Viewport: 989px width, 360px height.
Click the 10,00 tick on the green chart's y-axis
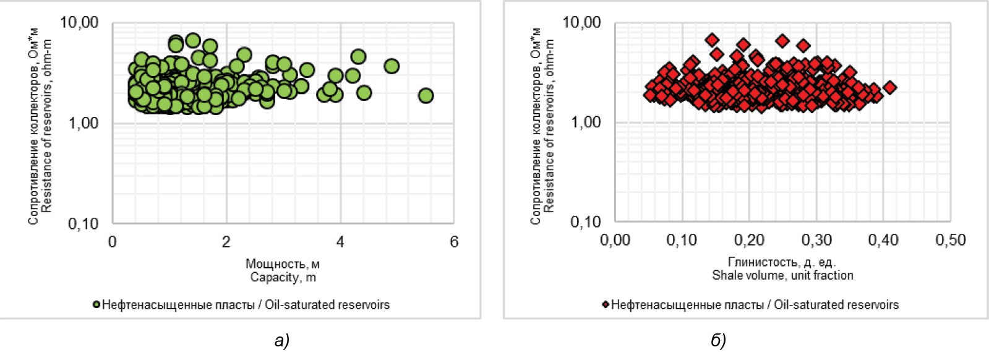[x=79, y=23]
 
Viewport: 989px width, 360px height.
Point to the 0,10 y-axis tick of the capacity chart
[x=83, y=223]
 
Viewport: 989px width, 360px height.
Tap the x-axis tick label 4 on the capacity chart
[x=340, y=242]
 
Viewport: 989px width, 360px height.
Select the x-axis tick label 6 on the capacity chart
[x=454, y=242]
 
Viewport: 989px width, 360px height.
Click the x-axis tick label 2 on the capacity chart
[x=226, y=242]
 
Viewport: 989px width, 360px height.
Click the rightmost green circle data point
[x=426, y=95]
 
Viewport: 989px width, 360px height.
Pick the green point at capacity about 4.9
[x=392, y=66]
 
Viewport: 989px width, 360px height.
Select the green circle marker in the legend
[x=96, y=304]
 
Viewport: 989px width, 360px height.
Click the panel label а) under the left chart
[x=282, y=341]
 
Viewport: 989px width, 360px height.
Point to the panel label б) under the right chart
[x=719, y=341]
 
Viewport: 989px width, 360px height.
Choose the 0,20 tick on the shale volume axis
[x=749, y=241]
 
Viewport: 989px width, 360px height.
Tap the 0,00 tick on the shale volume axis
[x=615, y=241]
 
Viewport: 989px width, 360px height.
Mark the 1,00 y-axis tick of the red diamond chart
[x=585, y=122]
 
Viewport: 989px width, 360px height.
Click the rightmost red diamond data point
[x=890, y=88]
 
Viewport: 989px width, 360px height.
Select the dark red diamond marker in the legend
[x=606, y=304]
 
